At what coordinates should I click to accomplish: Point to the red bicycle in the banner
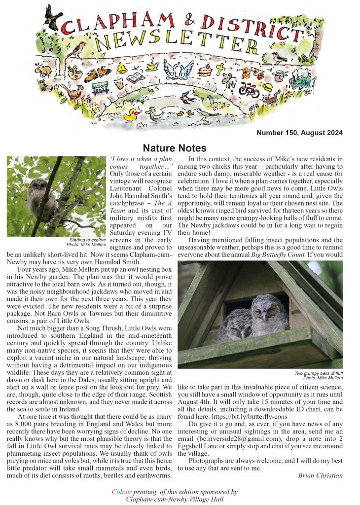tap(249, 89)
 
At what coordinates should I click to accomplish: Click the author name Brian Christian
tap(321, 475)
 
